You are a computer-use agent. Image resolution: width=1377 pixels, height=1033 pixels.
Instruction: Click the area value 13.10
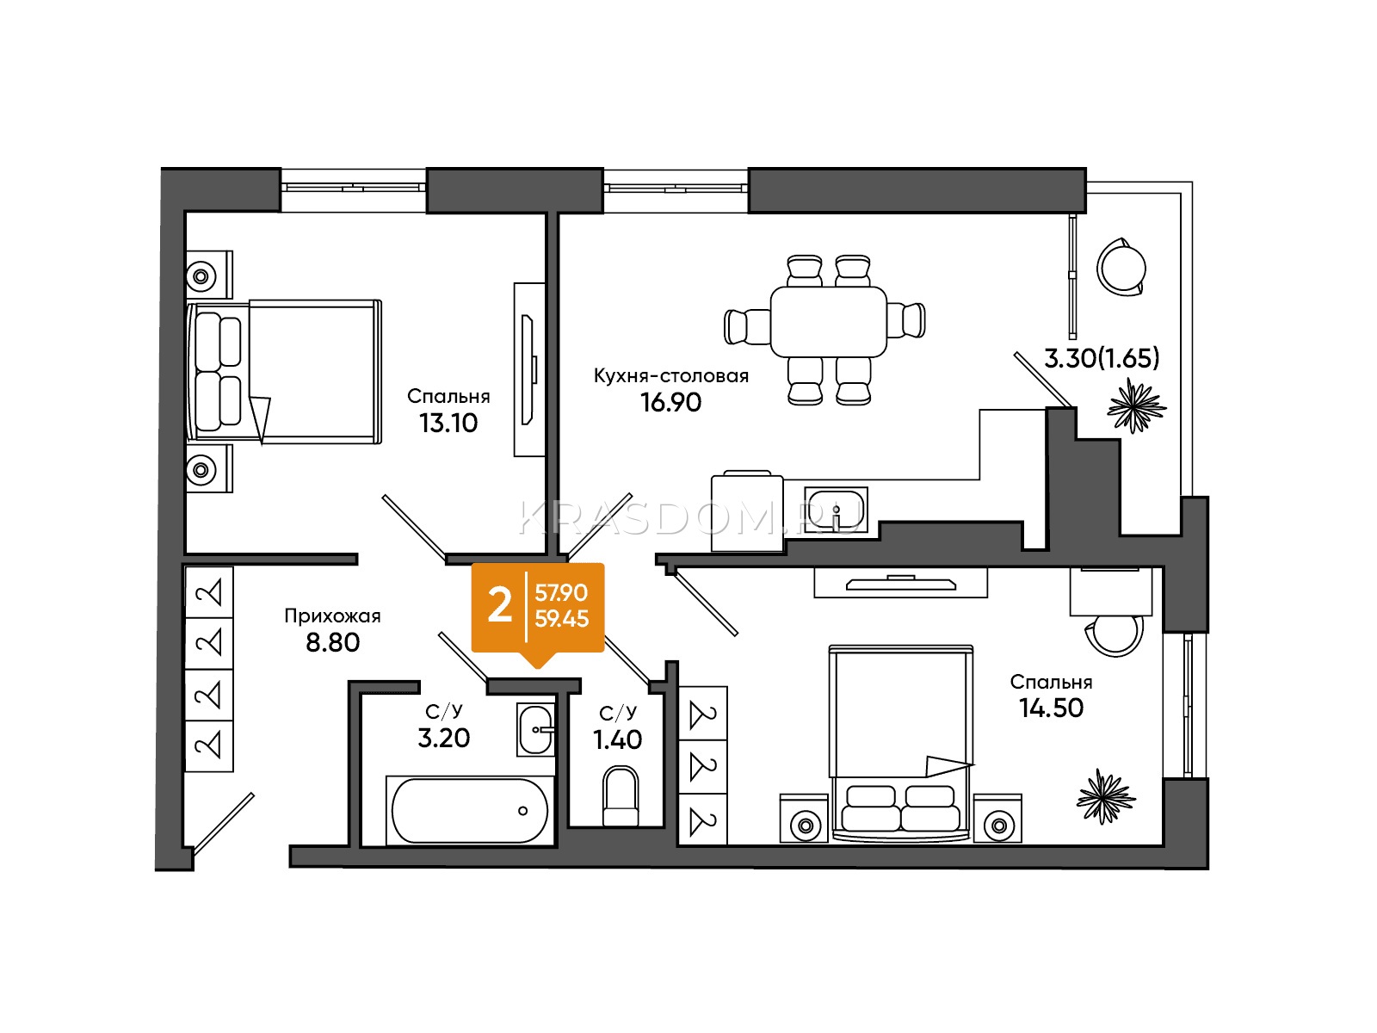click(x=448, y=424)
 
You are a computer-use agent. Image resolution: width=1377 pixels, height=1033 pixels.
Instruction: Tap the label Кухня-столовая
click(x=670, y=375)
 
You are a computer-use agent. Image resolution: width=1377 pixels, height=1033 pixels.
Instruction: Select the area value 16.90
click(x=670, y=403)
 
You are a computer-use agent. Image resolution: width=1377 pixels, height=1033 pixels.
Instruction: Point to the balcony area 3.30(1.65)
click(x=1101, y=358)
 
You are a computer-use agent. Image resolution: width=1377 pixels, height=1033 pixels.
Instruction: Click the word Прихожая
click(x=332, y=615)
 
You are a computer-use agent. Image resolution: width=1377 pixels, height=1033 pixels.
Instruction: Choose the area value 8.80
click(x=332, y=643)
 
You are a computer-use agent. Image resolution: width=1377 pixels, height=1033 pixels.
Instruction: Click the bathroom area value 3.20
click(x=443, y=739)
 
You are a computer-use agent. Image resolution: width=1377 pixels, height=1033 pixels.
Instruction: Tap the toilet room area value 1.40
click(x=617, y=740)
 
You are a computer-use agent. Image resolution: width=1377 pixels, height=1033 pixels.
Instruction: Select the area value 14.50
click(x=1051, y=708)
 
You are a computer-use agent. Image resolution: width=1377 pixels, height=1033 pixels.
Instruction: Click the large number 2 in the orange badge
click(x=499, y=607)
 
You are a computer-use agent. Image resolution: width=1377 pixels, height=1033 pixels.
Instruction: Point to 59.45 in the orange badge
click(x=561, y=620)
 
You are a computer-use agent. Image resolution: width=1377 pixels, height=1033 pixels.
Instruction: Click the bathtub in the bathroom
click(x=469, y=811)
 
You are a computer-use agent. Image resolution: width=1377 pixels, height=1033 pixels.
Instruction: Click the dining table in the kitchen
click(x=828, y=322)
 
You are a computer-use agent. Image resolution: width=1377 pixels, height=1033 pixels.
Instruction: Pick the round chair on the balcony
click(x=1121, y=267)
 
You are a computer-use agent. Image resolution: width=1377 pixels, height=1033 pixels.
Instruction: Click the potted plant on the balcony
click(x=1135, y=405)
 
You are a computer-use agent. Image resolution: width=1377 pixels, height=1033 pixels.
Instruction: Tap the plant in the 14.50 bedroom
click(x=1105, y=796)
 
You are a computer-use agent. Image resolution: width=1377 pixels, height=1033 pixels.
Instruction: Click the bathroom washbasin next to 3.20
click(x=535, y=729)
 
